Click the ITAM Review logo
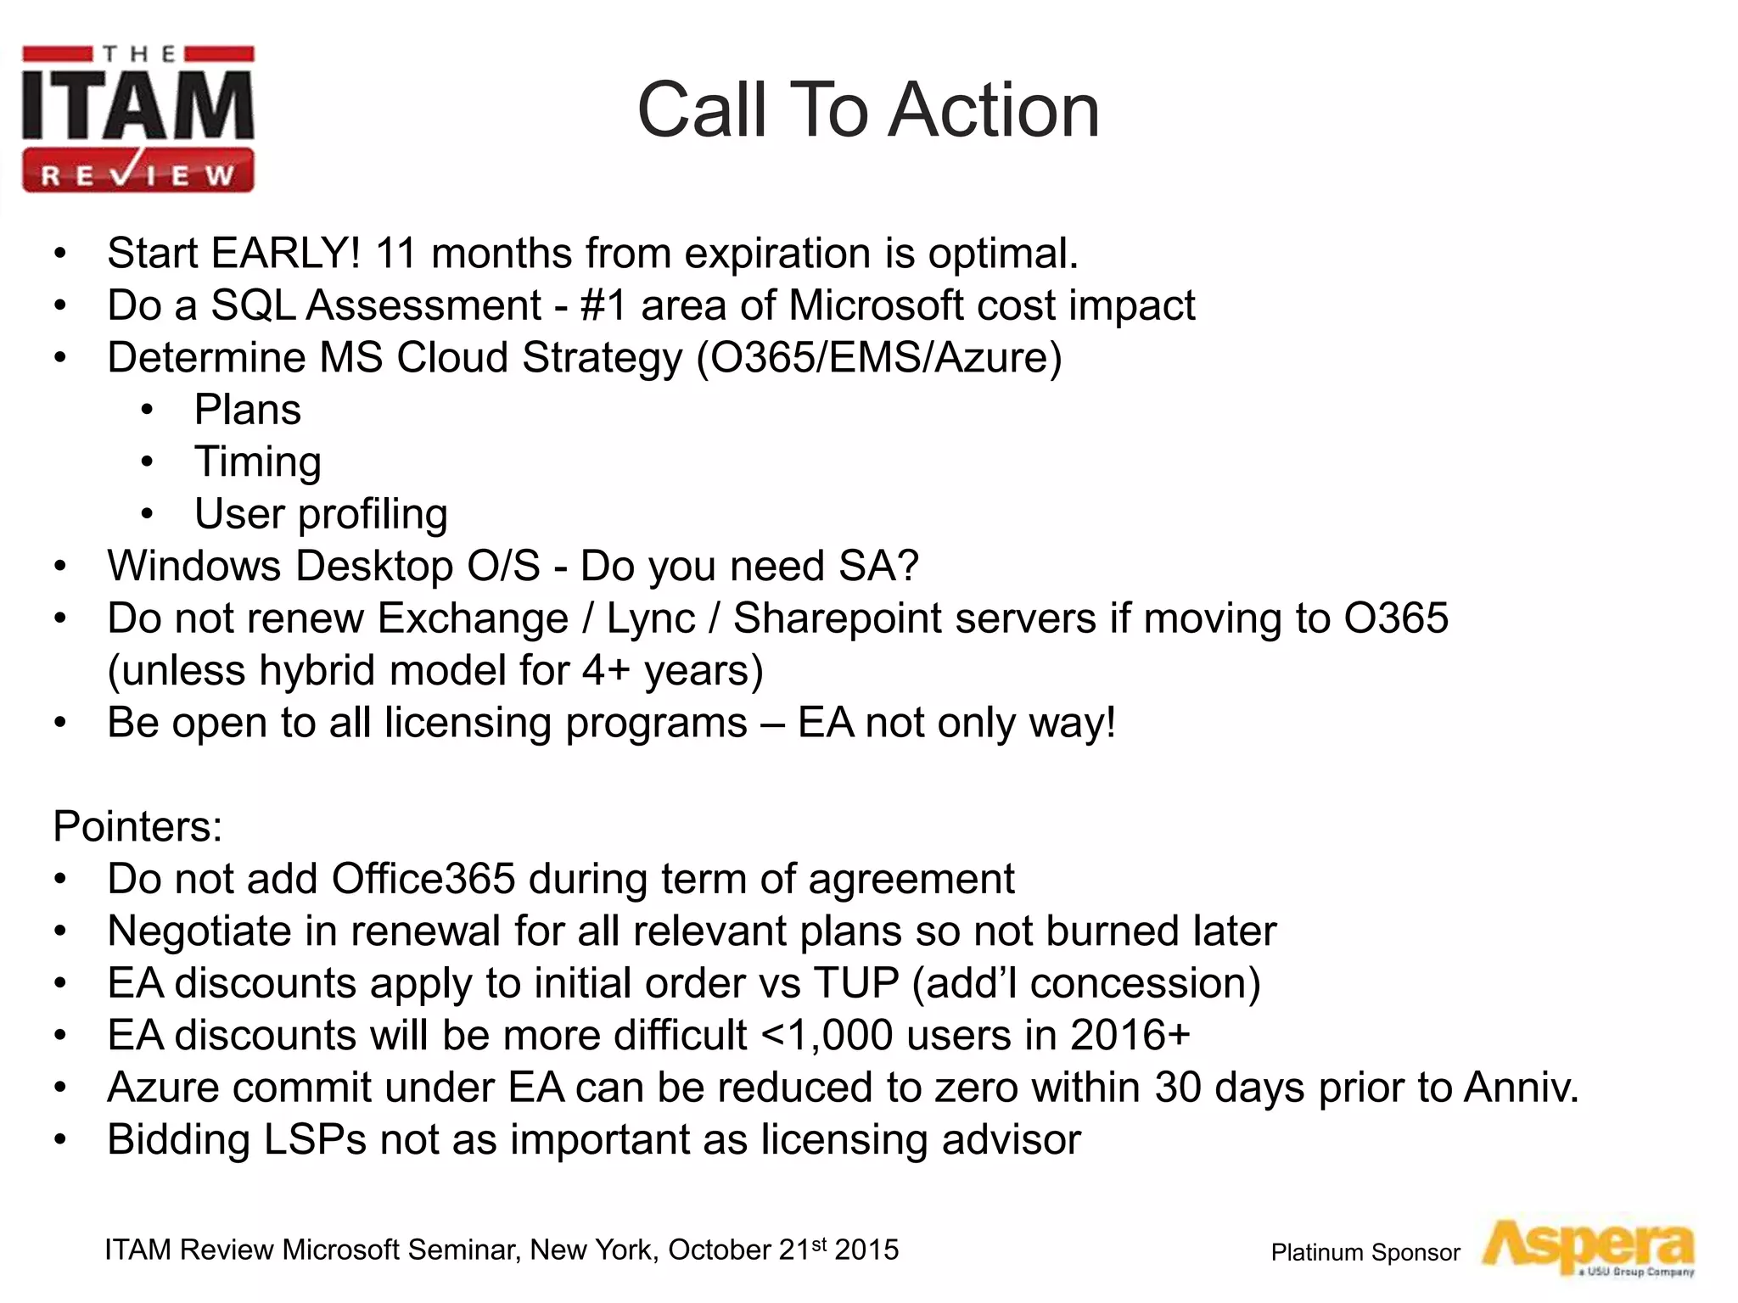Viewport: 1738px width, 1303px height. (137, 119)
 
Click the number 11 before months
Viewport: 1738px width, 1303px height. (395, 253)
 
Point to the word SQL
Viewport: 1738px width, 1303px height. (253, 305)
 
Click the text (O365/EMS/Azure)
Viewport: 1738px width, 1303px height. (878, 357)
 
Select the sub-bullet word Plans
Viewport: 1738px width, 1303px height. (247, 410)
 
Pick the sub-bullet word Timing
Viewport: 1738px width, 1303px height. (258, 462)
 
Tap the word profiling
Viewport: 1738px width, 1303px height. (373, 515)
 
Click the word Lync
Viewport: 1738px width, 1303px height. (651, 618)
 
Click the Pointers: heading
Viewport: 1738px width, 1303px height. (137, 826)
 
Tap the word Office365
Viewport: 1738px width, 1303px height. (423, 879)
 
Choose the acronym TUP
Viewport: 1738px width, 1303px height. (855, 983)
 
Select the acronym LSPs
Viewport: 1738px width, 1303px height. (315, 1140)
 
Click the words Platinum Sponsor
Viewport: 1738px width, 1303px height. (1365, 1253)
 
